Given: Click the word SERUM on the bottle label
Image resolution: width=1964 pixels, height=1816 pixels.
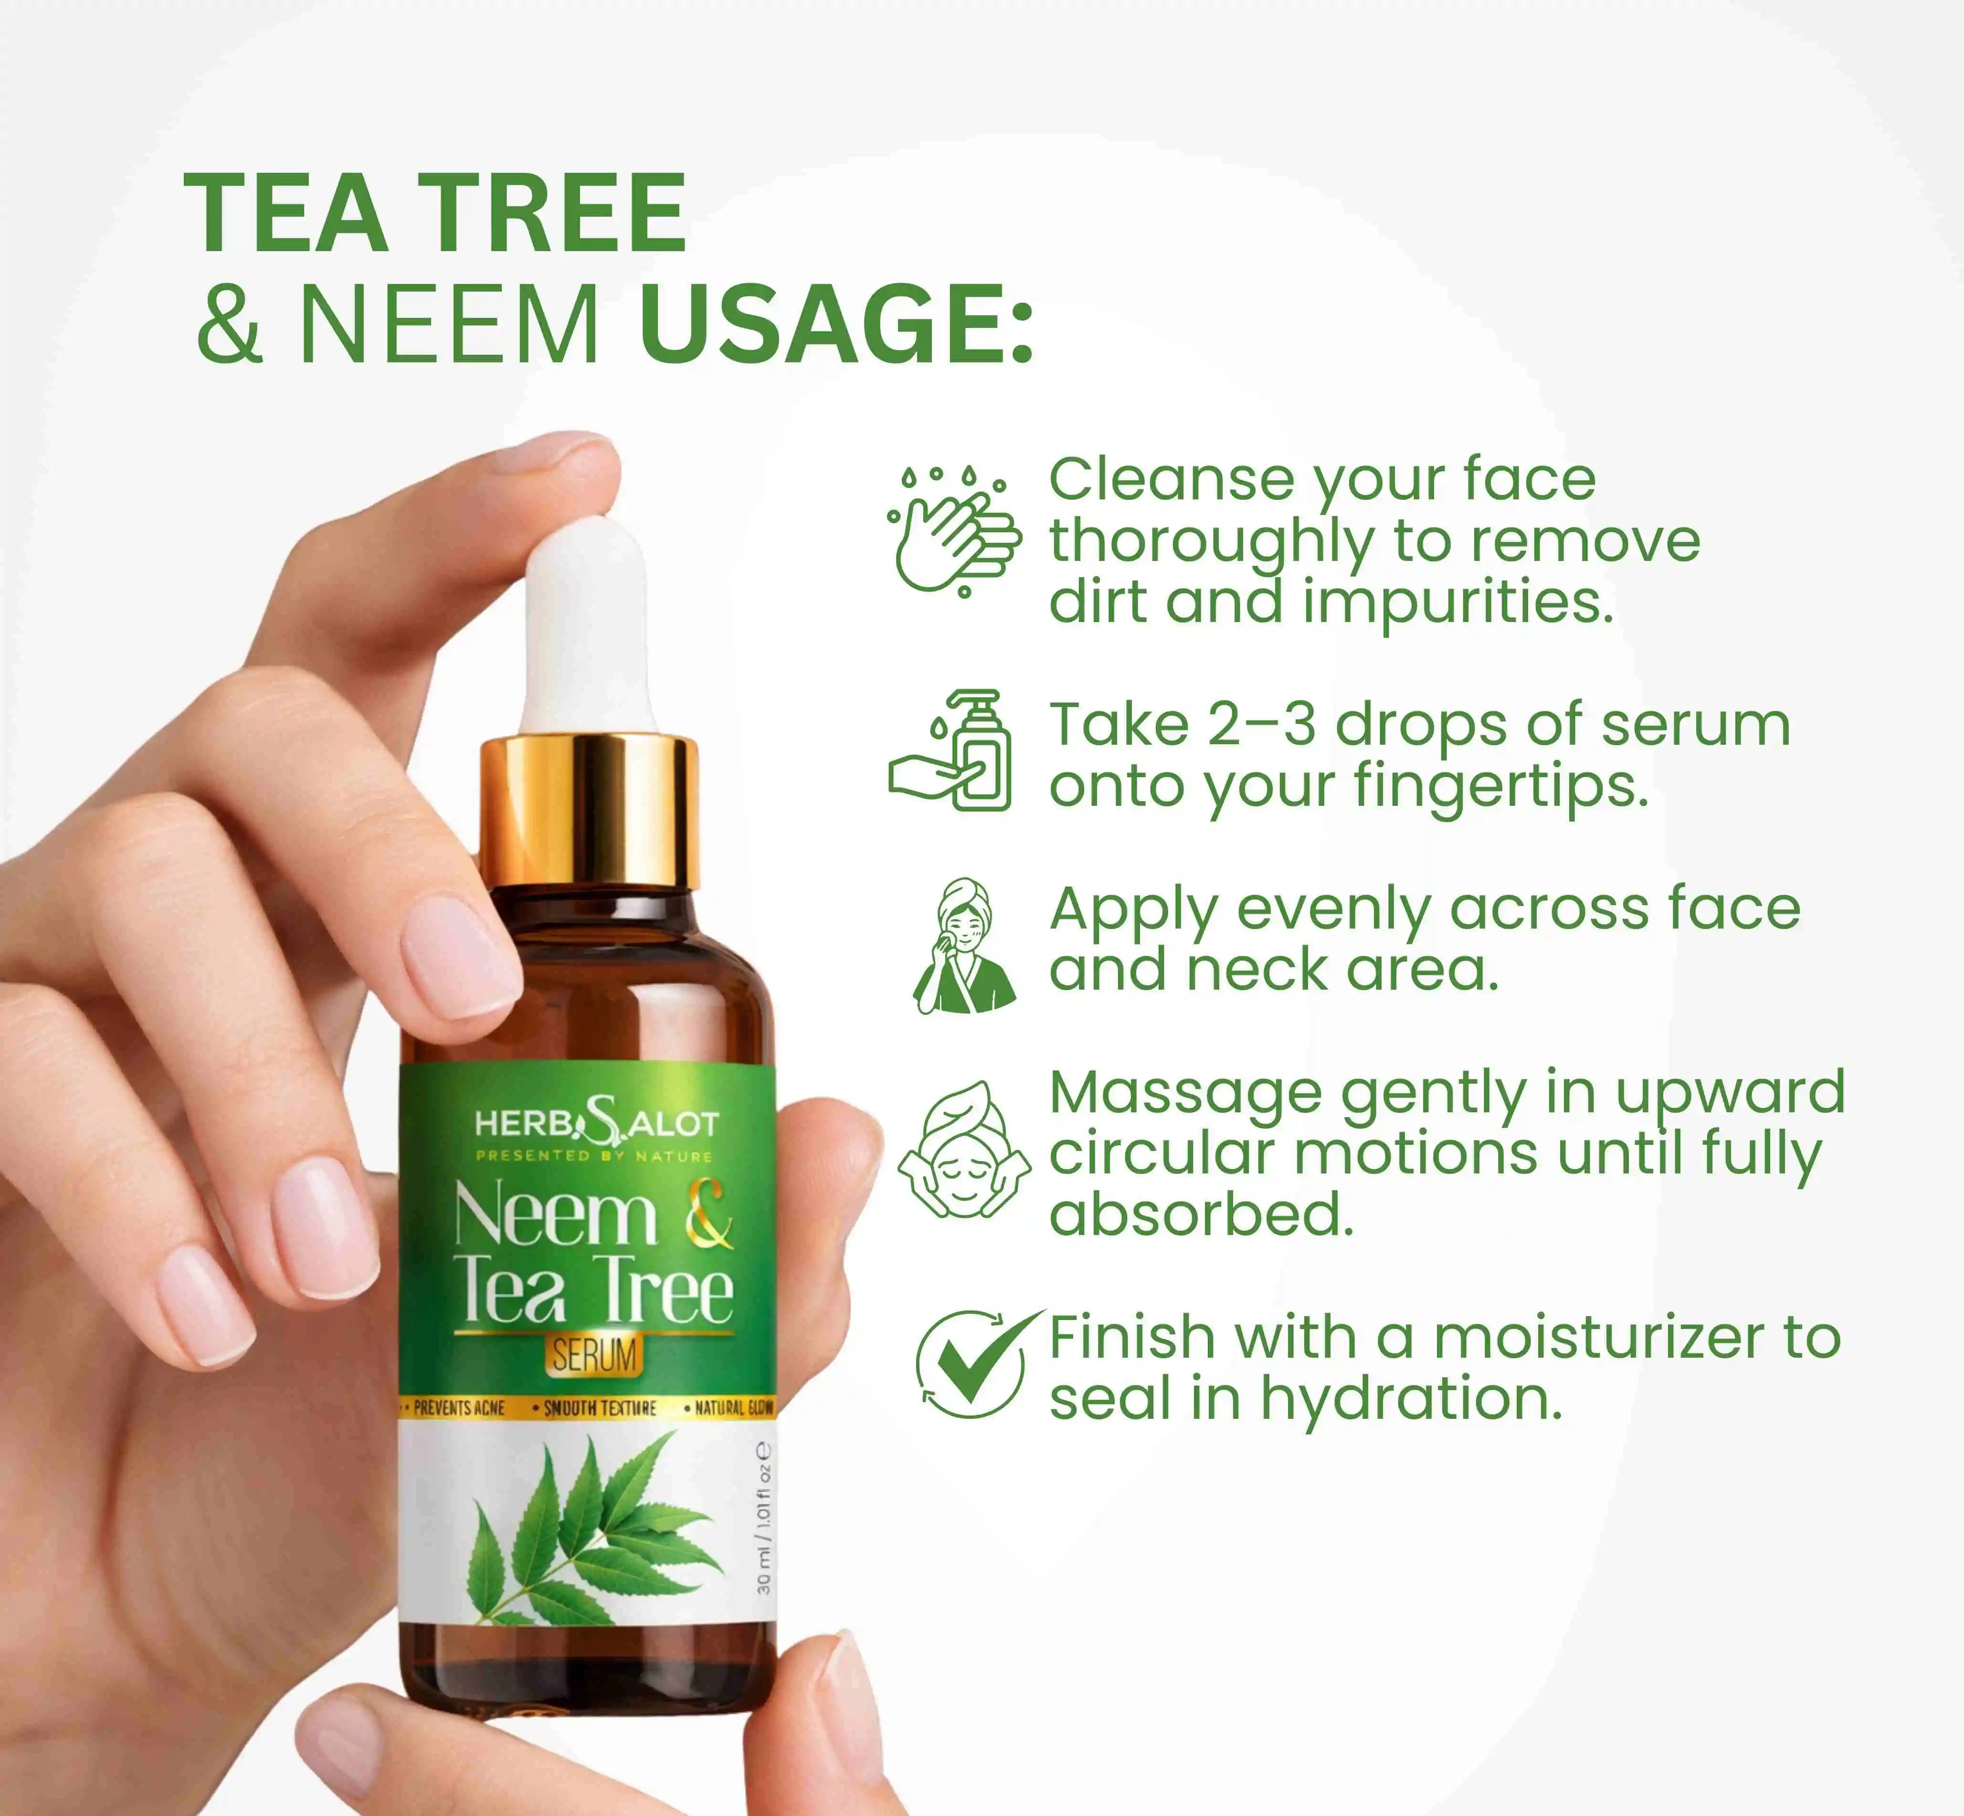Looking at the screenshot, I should pos(593,1356).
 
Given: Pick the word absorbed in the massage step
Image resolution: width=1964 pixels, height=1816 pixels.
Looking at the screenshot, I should pos(1201,1215).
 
